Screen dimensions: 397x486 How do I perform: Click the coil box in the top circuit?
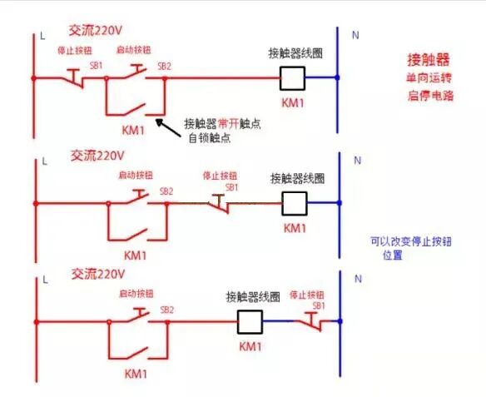[292, 77]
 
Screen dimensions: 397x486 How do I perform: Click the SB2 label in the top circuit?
[164, 65]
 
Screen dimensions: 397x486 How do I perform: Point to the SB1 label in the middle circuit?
[232, 187]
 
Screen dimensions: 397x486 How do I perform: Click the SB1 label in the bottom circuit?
[319, 305]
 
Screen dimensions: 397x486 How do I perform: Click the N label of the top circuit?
[357, 36]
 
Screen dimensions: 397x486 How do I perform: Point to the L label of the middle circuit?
[42, 158]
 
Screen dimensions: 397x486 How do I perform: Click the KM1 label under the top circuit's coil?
[293, 102]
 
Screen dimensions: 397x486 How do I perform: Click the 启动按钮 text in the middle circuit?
[136, 176]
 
